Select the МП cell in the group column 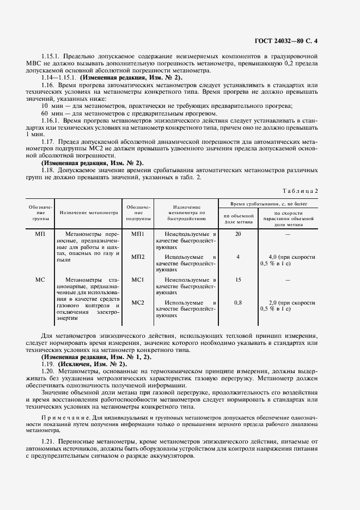click(x=40, y=234)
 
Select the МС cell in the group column click(x=40, y=280)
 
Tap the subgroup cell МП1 click(x=138, y=234)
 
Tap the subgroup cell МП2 click(x=138, y=257)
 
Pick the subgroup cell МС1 click(x=138, y=280)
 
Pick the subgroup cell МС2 click(x=138, y=302)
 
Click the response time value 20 click(x=237, y=234)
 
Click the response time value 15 click(x=237, y=280)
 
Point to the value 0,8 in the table click(x=237, y=302)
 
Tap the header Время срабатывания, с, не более click(x=269, y=203)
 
